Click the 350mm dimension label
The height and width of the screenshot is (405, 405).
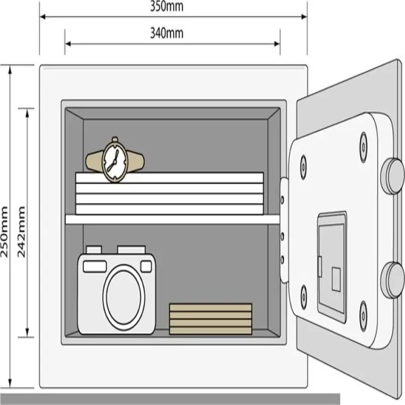167,7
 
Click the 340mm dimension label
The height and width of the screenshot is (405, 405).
167,34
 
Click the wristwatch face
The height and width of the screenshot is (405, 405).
114,160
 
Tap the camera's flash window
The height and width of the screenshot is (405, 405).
95,266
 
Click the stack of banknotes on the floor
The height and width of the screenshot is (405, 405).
211,319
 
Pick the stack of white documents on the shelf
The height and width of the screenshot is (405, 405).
169,193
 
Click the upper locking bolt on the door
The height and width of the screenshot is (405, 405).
392,176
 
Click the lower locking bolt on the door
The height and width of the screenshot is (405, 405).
392,280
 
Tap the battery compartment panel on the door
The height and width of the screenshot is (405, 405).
332,266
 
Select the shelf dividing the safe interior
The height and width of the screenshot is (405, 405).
172,219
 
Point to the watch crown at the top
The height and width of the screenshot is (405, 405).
115,139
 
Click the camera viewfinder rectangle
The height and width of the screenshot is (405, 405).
146,266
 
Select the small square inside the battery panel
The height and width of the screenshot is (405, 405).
336,279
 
